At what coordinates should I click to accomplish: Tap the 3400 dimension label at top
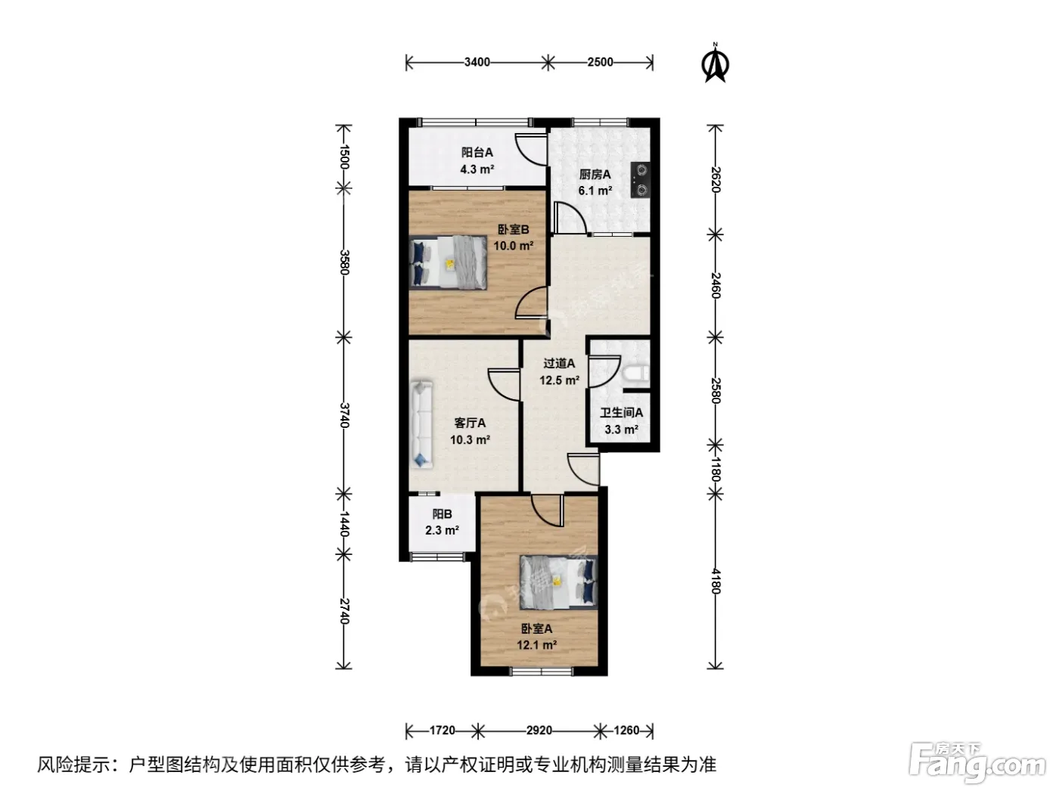click(x=477, y=62)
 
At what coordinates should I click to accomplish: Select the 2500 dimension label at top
click(x=600, y=62)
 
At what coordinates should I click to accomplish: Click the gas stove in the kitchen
click(x=641, y=179)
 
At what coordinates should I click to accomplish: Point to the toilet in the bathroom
click(x=635, y=373)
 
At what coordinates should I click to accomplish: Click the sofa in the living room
click(x=421, y=424)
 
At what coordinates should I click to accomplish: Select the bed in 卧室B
click(x=449, y=262)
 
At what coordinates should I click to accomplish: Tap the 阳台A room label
click(x=477, y=152)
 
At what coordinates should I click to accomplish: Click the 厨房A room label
click(x=595, y=175)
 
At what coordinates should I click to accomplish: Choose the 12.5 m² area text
click(x=559, y=380)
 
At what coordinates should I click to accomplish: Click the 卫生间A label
click(x=622, y=413)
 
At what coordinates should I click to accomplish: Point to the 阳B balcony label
click(x=442, y=514)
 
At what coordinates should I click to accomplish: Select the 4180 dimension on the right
click(x=716, y=582)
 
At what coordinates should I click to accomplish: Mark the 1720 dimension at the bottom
click(x=442, y=730)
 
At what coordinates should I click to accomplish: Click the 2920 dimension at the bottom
click(x=539, y=730)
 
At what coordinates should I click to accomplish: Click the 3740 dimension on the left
click(x=343, y=415)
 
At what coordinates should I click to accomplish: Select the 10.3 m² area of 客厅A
click(x=470, y=440)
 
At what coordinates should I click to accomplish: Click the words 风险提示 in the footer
click(x=74, y=765)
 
